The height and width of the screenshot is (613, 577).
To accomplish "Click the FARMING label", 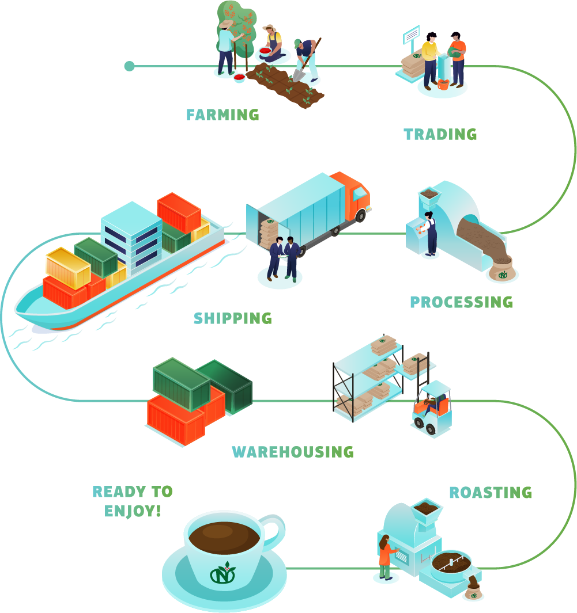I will click(x=222, y=115).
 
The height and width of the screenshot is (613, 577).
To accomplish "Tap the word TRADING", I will click(x=440, y=135).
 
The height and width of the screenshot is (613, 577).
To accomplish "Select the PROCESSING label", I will click(x=461, y=302).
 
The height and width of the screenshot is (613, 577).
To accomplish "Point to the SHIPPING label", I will click(x=233, y=318).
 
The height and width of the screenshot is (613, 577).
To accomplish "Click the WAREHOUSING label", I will click(x=293, y=452).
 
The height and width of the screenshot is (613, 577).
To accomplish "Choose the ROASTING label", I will click(x=491, y=493).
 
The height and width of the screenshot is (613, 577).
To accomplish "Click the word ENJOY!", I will click(x=133, y=511).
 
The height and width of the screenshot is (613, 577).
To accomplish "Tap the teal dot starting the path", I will click(x=129, y=66).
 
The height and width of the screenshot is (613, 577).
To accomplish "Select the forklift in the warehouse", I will click(x=432, y=409).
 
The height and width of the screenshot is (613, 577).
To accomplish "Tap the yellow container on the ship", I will click(x=67, y=266).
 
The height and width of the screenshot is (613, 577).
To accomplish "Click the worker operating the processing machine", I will click(x=430, y=233).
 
